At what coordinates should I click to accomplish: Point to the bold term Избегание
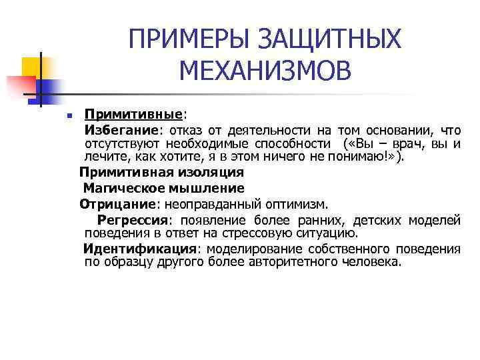click(121, 129)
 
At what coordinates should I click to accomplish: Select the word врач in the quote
click(409, 143)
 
